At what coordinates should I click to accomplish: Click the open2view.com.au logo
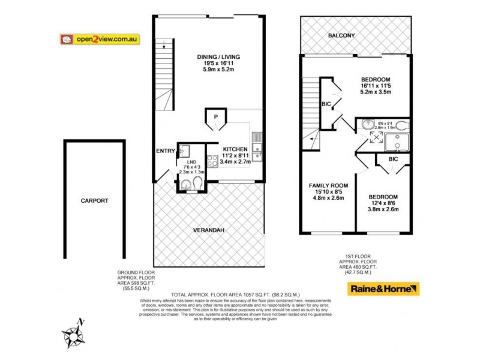click(x=100, y=39)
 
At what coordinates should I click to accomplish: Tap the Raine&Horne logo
click(x=383, y=289)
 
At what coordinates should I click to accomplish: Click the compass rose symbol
click(x=73, y=334)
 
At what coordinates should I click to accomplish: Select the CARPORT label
click(x=95, y=201)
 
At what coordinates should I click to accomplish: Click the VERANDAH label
click(x=209, y=230)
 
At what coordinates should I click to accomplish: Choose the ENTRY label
click(x=165, y=151)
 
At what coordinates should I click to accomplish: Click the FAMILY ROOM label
click(x=328, y=185)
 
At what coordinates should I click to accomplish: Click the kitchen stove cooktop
click(x=212, y=161)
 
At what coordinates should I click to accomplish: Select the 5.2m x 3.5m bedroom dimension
click(x=376, y=93)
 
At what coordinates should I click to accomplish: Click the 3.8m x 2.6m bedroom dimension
click(x=382, y=211)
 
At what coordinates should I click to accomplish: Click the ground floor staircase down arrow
click(x=163, y=46)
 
